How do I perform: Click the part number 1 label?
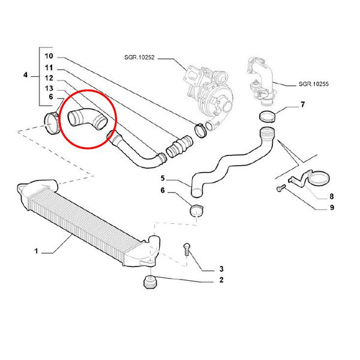click(x=36, y=252)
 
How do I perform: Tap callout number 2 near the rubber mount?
click(x=221, y=280)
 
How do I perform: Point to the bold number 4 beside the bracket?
click(x=26, y=76)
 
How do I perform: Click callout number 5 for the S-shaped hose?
click(x=162, y=178)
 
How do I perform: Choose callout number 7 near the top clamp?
click(x=303, y=106)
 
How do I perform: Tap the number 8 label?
click(x=332, y=196)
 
